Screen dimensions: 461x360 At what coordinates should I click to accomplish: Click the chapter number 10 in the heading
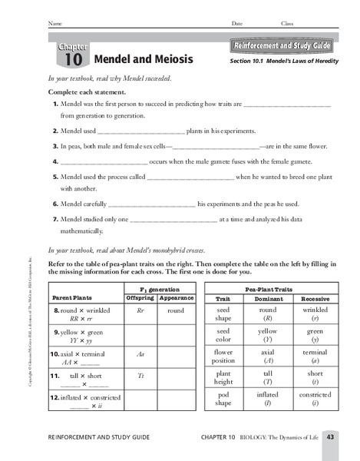click(71, 59)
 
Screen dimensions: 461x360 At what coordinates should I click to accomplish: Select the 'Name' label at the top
click(54, 23)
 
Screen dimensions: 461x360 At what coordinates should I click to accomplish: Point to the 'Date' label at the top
click(236, 23)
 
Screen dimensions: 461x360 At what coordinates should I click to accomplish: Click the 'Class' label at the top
click(287, 23)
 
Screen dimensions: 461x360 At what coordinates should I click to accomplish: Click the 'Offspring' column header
click(140, 297)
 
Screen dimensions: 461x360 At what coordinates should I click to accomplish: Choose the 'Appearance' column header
click(176, 297)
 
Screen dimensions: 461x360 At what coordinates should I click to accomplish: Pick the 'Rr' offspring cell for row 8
click(140, 311)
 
